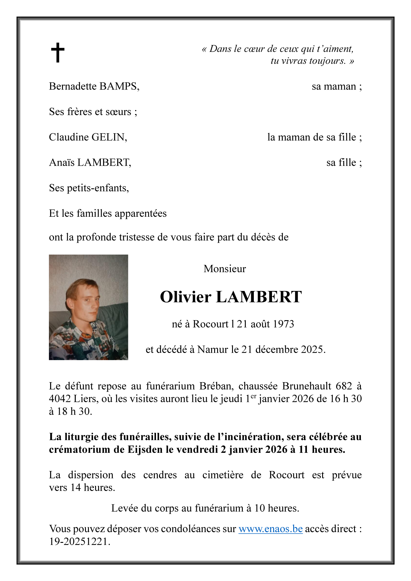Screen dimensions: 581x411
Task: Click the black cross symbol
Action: [x=58, y=52]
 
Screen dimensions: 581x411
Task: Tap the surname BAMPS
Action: [x=119, y=86]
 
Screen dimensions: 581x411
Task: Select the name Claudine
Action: [x=69, y=137]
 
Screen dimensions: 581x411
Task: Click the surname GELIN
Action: [x=109, y=137]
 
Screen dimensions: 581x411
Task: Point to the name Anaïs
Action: [x=62, y=162]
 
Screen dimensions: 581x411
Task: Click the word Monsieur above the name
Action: [x=225, y=269]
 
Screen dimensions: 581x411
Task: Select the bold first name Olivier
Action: [x=186, y=297]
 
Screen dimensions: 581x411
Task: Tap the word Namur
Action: [x=213, y=349]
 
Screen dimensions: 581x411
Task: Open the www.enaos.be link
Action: [x=271, y=529]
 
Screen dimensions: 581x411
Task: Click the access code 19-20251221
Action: [x=79, y=541]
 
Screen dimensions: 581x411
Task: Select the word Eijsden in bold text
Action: [x=145, y=450]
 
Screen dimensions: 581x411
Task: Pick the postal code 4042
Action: [x=60, y=399]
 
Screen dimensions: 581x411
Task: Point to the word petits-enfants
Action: [x=98, y=188]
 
